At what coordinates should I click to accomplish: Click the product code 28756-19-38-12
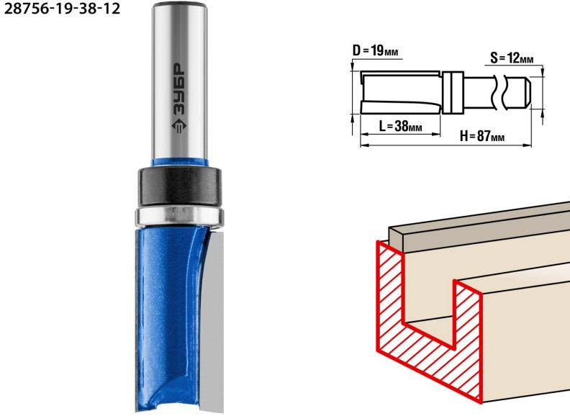tap(62, 9)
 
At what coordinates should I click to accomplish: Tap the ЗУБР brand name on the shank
tap(179, 89)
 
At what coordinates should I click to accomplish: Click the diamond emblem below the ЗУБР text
tap(179, 125)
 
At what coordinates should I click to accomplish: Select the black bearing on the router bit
tap(179, 186)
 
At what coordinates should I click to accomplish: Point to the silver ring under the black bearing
tap(179, 216)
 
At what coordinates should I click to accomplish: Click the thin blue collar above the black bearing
tap(180, 162)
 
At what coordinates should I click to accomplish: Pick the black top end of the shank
tap(180, 5)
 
